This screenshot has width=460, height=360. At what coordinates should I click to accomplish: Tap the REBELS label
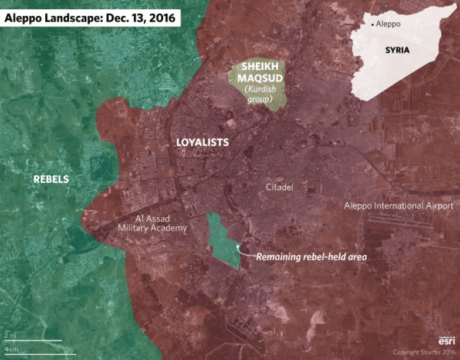50,179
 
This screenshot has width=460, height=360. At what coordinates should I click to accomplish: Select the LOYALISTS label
202,143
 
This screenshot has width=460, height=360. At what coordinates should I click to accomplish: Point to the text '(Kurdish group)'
258,95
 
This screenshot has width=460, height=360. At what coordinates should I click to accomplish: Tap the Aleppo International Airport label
398,206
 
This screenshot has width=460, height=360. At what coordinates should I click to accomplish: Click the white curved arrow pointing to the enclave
244,251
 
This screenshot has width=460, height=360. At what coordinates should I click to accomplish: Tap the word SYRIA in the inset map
397,50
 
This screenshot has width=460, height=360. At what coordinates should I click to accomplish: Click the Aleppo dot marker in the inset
372,25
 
